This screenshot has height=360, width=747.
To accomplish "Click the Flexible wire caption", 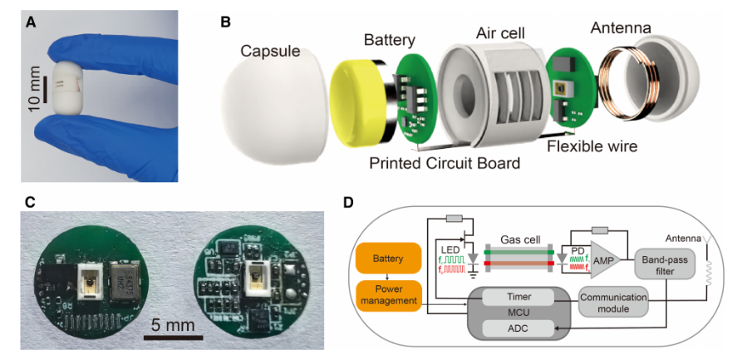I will pyautogui.click(x=592, y=146).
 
